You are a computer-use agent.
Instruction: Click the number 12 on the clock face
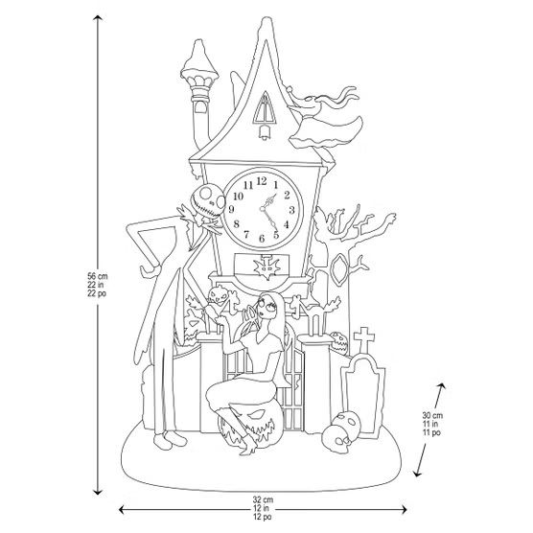[262, 181]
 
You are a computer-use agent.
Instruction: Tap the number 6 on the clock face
[262, 239]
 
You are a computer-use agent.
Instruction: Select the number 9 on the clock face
[232, 209]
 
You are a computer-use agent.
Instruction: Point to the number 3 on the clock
[291, 210]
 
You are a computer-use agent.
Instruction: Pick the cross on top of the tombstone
[364, 339]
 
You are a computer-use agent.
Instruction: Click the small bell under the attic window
[265, 131]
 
